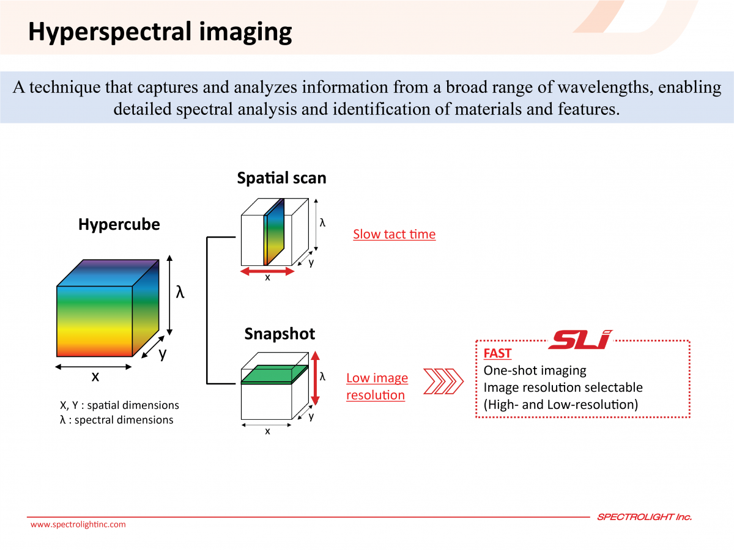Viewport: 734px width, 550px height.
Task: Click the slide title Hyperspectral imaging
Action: point(160,32)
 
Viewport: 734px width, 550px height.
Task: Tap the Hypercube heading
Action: point(119,224)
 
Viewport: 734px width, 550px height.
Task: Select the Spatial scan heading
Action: point(281,178)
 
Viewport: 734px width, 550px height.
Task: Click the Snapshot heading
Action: point(280,334)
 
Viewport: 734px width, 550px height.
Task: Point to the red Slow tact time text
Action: point(395,234)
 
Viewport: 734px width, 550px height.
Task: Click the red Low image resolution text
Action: point(377,386)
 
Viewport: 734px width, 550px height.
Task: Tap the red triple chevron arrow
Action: point(443,381)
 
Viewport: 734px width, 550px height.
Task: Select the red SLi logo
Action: point(580,340)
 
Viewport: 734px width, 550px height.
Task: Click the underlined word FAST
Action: point(497,353)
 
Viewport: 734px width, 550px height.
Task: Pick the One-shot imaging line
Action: point(535,370)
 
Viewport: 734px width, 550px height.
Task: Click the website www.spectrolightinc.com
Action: point(78,524)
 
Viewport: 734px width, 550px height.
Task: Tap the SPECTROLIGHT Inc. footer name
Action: point(644,517)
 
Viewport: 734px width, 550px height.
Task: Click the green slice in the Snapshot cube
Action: point(275,374)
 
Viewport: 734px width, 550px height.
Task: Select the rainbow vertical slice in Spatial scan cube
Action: point(274,232)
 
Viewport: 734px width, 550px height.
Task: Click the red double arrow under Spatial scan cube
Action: point(267,271)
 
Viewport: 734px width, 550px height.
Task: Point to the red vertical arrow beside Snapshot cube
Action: point(315,378)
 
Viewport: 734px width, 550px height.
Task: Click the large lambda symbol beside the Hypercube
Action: point(180,292)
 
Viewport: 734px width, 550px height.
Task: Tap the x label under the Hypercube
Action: point(95,377)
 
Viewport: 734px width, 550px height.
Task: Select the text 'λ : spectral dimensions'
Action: point(117,420)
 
